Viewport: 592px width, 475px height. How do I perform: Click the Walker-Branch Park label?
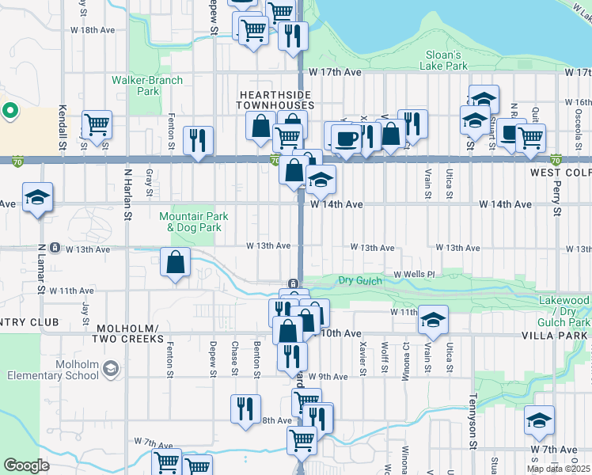click(x=147, y=85)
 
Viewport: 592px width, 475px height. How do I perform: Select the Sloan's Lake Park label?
click(x=442, y=61)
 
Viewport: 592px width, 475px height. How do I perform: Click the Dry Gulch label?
click(x=360, y=280)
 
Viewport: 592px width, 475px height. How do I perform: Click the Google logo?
click(x=26, y=465)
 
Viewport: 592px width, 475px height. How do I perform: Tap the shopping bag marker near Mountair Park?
click(x=175, y=262)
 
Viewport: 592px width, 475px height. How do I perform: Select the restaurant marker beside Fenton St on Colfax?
click(x=197, y=140)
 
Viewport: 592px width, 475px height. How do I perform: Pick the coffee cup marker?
click(x=346, y=139)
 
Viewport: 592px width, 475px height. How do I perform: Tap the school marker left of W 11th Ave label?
click(x=433, y=319)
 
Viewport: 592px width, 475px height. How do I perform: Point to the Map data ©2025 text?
click(x=557, y=469)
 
